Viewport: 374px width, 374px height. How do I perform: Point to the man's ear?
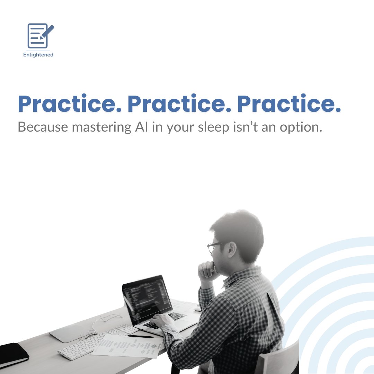pyautogui.click(x=232, y=249)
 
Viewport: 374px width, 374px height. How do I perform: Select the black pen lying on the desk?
pyautogui.click(x=140, y=336)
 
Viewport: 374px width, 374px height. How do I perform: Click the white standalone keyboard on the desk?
pyautogui.click(x=97, y=341)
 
